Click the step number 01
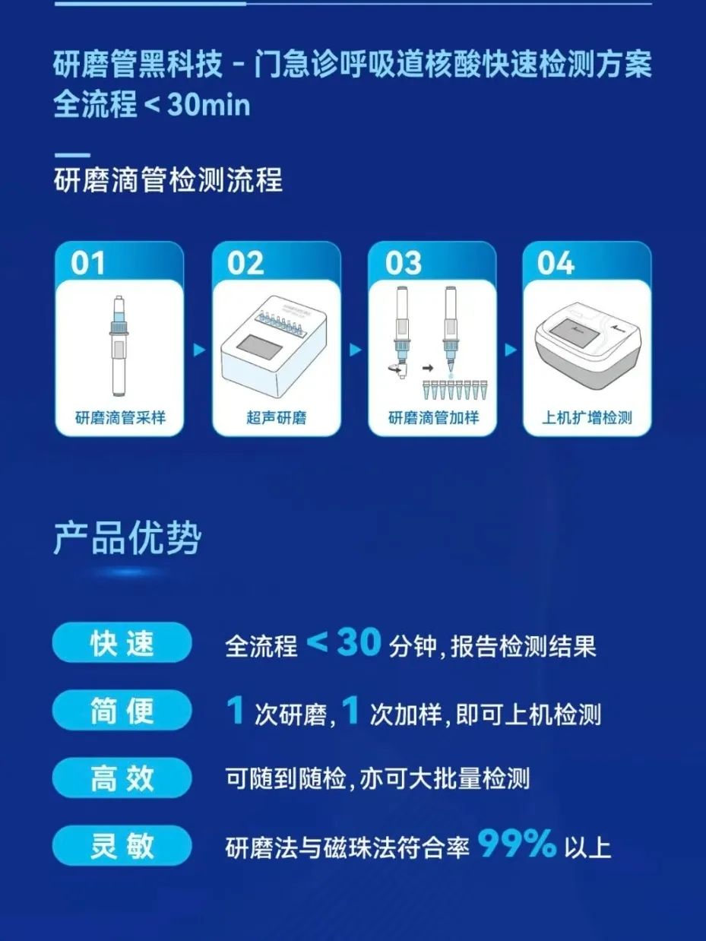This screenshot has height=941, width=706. coord(88,263)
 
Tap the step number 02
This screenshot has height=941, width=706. coord(245,263)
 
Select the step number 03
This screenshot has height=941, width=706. coord(403,263)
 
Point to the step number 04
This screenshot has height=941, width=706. coord(556,263)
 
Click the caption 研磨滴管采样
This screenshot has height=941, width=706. coord(120,417)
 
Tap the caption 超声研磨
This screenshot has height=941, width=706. coord(277,417)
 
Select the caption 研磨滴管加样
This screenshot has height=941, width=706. coord(433,417)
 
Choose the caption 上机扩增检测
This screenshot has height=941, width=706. coord(587,417)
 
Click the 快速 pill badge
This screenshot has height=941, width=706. coord(122,644)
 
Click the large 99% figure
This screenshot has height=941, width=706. coord(517,843)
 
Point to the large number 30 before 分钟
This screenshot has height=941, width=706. coord(359,642)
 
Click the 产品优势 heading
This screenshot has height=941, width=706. coord(128,538)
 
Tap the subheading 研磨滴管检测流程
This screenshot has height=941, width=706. coord(169,179)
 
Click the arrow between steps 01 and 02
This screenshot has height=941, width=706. coord(199,350)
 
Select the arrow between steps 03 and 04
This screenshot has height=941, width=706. coord(511,350)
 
